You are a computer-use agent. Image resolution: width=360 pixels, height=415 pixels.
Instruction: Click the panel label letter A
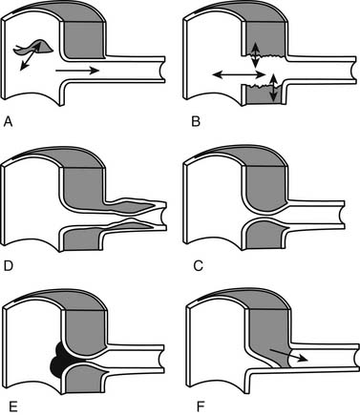coord(8,122)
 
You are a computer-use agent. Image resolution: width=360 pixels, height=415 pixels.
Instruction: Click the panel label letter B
coord(196,122)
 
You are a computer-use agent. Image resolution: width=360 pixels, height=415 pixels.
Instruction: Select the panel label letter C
coord(198,266)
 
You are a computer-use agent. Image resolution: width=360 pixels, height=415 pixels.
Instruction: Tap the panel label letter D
coord(9,266)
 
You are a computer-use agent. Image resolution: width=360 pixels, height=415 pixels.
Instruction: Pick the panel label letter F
coord(200,405)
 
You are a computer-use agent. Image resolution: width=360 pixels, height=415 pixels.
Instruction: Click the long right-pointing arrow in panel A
coord(77,71)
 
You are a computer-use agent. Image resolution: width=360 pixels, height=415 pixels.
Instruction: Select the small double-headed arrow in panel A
coord(31,56)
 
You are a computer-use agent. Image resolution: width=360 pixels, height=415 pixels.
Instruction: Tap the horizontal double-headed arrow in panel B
coord(239,74)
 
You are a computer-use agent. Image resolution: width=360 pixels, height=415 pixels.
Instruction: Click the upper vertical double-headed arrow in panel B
coord(255,54)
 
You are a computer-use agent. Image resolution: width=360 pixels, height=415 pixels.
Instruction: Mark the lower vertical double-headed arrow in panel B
coord(273,87)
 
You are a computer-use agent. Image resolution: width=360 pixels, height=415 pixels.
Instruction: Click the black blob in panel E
coord(59,360)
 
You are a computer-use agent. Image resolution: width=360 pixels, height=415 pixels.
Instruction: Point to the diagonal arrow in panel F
coord(288,355)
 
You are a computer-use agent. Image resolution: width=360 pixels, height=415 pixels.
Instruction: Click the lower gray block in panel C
coord(265,235)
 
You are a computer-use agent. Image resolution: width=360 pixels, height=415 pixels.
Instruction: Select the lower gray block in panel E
coord(84,378)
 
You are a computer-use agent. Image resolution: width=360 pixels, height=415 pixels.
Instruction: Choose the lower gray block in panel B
coord(265,94)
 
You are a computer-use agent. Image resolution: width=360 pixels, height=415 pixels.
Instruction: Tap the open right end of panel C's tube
coord(343,215)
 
